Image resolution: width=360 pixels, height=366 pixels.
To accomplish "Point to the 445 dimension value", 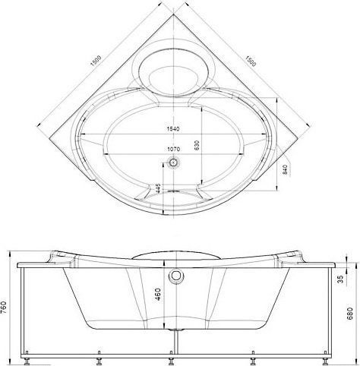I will click(x=158, y=188).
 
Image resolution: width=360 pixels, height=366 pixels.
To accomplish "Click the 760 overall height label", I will click(x=6, y=308).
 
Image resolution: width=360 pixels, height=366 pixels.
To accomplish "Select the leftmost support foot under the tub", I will click(x=28, y=354).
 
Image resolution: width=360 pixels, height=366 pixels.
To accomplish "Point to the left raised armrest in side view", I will click(x=62, y=256).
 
